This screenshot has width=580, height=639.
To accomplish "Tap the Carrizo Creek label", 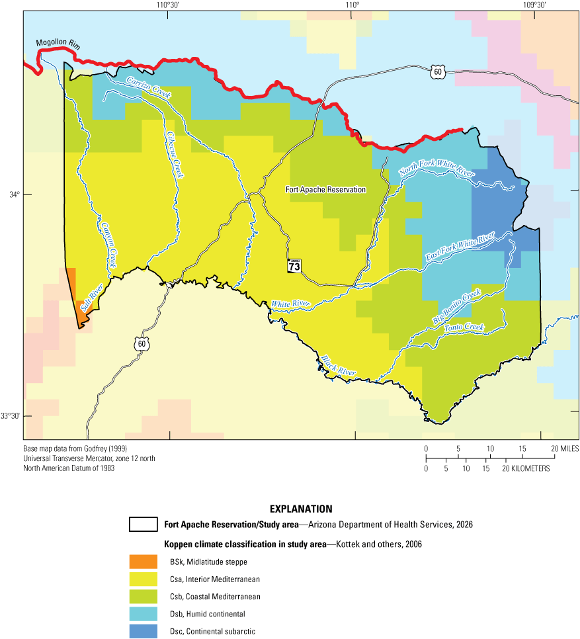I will [149, 87].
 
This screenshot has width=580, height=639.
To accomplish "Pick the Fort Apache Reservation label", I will [325, 189].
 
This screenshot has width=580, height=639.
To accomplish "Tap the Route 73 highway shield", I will [294, 266].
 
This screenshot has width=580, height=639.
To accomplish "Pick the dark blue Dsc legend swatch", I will [144, 630].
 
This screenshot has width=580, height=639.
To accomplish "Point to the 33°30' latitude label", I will [11, 416].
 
